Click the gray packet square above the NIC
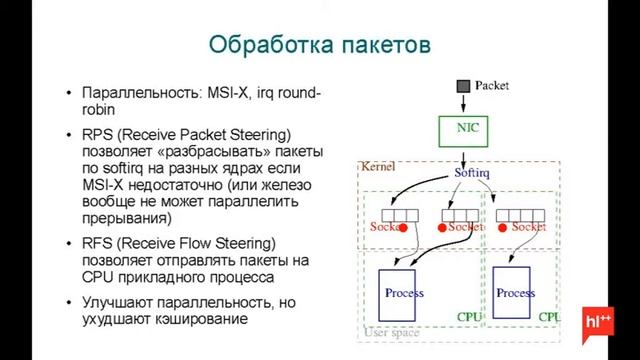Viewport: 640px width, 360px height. pos(463,87)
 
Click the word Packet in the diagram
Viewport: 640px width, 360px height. pos(491,86)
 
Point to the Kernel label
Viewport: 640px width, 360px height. pos(379,164)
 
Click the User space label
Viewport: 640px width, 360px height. pos(391,332)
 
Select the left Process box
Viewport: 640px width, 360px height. pos(404,292)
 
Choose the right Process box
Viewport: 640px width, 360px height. pos(515,292)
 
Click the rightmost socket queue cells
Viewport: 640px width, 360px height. pos(520,214)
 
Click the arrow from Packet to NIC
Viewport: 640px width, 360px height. pos(463,104)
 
